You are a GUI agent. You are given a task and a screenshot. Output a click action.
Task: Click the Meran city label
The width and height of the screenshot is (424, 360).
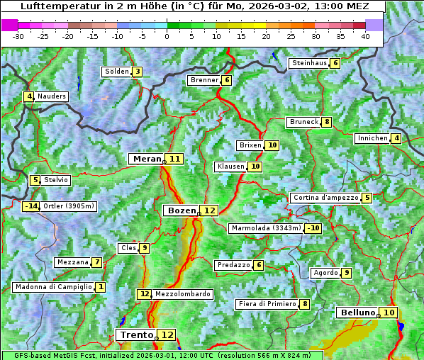(x=146, y=159)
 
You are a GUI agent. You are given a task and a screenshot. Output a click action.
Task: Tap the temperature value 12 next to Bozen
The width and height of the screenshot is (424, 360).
(x=209, y=210)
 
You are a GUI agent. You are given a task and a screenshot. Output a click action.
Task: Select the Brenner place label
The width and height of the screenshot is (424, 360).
(x=204, y=80)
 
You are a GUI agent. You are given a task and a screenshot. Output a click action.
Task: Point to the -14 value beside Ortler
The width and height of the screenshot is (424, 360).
(x=31, y=206)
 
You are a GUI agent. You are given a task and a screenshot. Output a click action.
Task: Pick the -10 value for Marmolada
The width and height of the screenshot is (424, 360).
(x=313, y=228)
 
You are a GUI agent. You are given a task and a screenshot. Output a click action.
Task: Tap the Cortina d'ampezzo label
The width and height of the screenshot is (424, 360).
(x=325, y=198)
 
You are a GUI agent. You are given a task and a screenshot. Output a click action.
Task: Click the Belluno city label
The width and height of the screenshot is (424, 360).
(x=357, y=313)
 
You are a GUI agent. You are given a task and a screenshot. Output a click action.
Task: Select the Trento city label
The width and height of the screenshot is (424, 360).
(x=136, y=334)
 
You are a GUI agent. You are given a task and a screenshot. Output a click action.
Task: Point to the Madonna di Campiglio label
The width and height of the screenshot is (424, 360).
(x=53, y=287)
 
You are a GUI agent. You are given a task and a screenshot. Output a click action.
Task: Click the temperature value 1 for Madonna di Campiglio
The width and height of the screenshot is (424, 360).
(x=100, y=287)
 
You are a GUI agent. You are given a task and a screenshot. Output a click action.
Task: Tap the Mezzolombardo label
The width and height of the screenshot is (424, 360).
(x=182, y=293)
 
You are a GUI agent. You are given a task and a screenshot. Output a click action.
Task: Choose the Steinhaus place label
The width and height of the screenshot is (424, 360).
(x=309, y=63)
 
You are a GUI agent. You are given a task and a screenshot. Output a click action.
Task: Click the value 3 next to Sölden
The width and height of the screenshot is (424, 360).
(x=137, y=72)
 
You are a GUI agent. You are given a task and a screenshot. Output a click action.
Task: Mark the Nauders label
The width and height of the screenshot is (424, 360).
(x=52, y=96)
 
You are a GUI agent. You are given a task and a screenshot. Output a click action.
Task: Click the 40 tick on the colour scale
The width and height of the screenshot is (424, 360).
(x=365, y=36)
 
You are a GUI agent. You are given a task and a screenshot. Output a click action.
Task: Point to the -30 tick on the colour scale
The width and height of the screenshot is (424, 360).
(x=18, y=36)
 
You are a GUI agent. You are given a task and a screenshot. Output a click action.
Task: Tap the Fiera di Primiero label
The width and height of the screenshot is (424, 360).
(x=267, y=304)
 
